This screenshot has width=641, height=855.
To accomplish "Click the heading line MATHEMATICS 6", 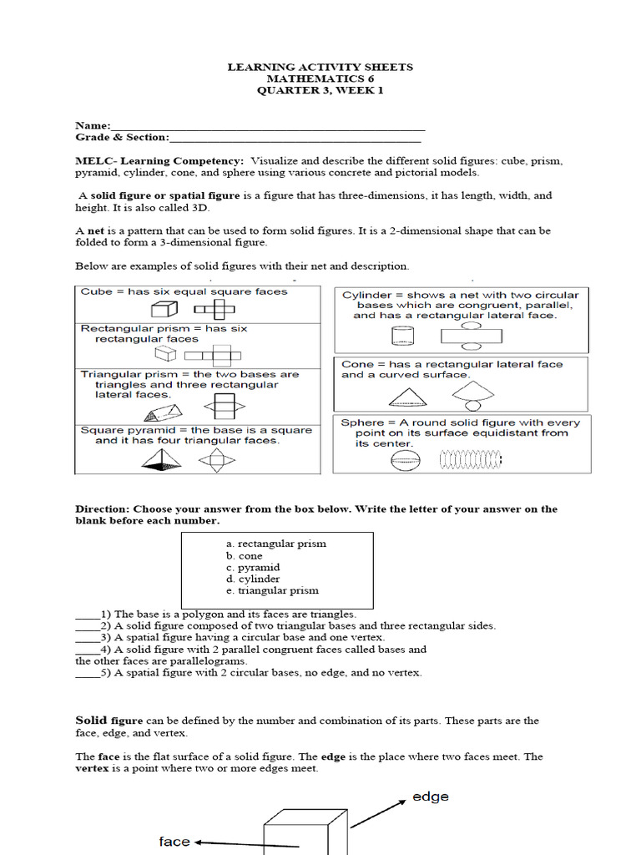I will (320, 78).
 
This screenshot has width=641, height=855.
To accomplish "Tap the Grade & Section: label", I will (122, 137).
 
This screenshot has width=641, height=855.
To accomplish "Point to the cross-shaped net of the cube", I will (215, 310).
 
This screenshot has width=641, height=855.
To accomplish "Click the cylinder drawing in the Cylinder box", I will (401, 336).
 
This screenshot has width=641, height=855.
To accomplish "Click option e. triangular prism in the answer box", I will (271, 590).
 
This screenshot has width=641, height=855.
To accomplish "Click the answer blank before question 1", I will (87, 615).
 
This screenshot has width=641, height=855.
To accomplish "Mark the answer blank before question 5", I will (87, 673).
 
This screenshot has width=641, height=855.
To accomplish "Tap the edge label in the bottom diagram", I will (430, 797).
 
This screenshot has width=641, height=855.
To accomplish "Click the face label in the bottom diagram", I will (174, 841).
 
